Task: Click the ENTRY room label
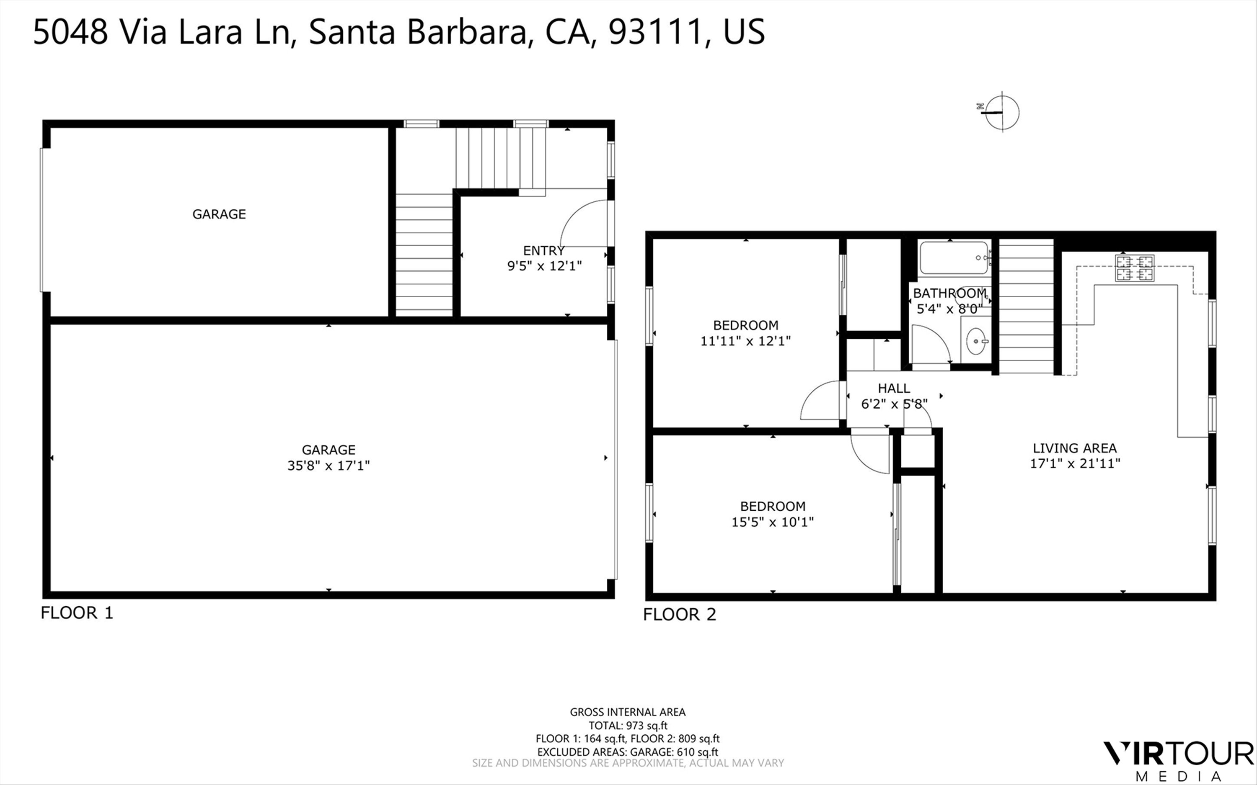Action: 544,251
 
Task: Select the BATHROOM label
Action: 950,293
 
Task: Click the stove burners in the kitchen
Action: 1134,268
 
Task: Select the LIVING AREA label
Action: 1075,448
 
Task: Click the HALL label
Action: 894,389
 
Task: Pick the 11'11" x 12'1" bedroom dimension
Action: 745,341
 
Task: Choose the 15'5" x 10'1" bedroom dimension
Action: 772,522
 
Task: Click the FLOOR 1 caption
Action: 77,613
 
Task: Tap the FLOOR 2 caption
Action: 679,615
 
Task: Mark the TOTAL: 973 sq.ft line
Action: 628,725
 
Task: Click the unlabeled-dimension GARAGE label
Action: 219,214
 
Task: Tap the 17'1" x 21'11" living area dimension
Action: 1075,463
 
